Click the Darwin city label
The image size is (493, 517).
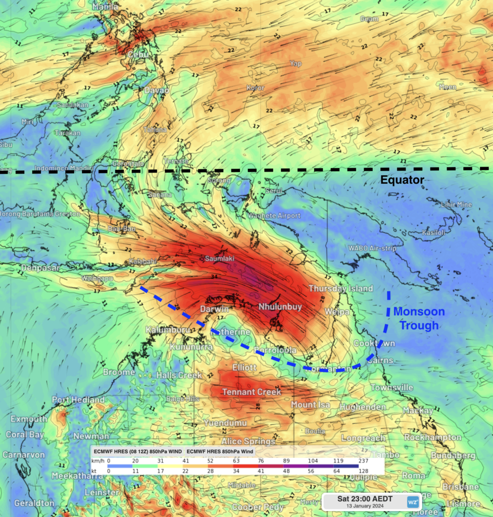(x=215, y=308)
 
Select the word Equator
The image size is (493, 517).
(x=402, y=180)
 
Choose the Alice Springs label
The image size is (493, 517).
(x=249, y=441)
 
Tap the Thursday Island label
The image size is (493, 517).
(x=340, y=289)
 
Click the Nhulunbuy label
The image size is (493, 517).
(x=280, y=306)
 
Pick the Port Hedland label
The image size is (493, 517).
(x=78, y=400)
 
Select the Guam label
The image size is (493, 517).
(x=369, y=19)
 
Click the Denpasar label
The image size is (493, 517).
(x=40, y=268)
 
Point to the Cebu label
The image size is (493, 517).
(x=137, y=54)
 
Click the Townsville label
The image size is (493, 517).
(x=392, y=387)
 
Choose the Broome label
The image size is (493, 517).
(x=119, y=372)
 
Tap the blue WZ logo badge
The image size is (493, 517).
(x=413, y=502)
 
